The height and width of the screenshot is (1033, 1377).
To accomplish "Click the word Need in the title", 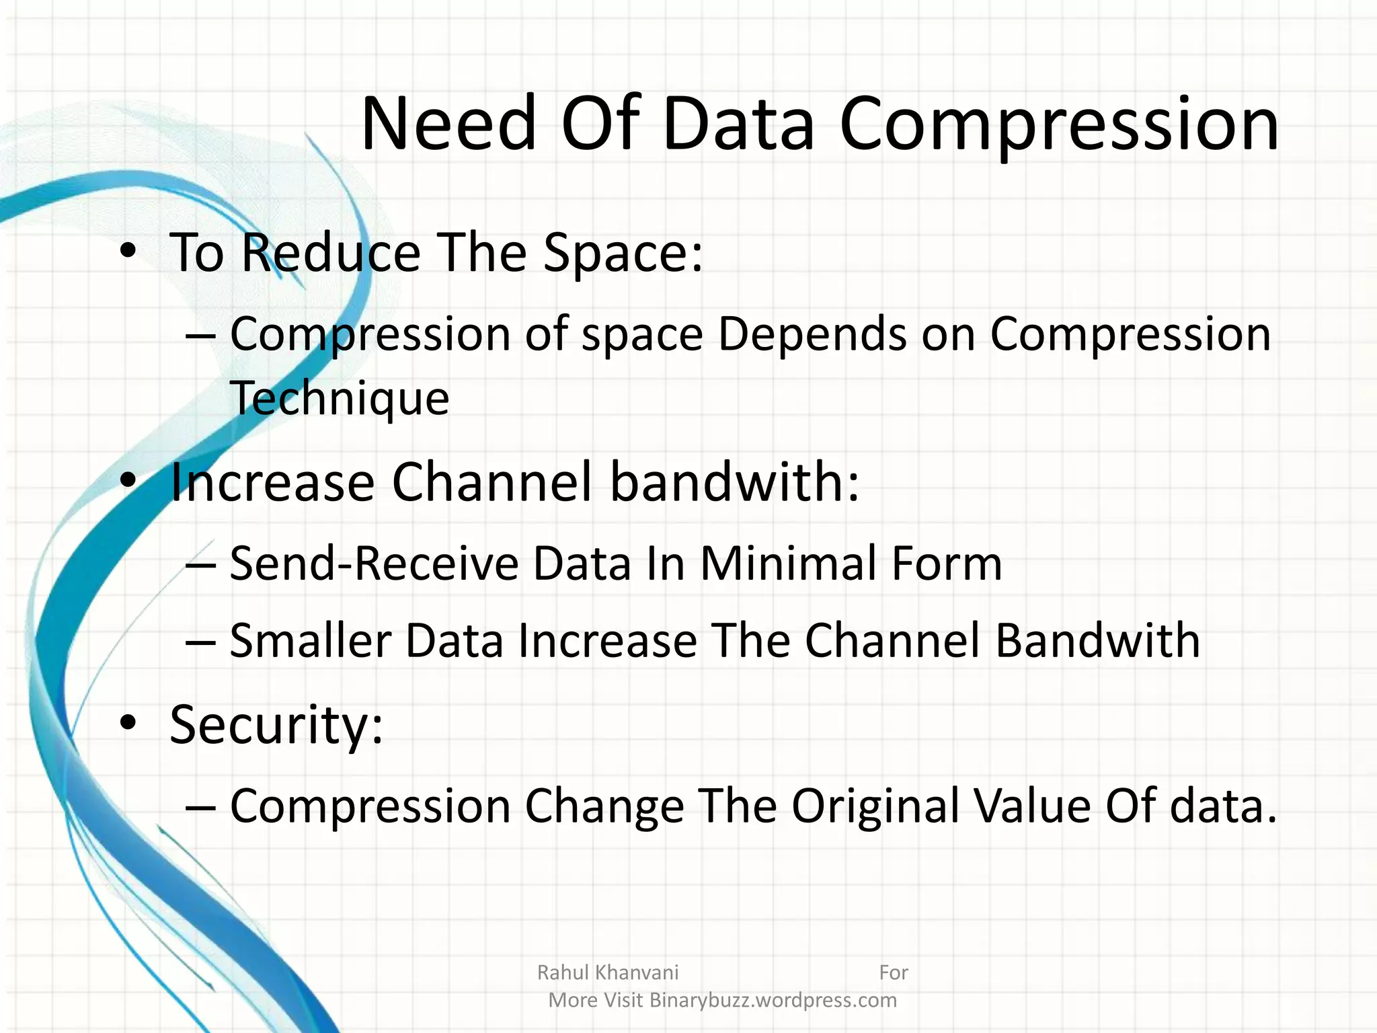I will click(x=449, y=124).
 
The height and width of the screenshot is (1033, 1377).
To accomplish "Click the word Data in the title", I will click(x=738, y=124).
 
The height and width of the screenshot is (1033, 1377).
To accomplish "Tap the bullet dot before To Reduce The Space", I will click(x=128, y=252).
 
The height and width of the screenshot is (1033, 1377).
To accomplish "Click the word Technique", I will click(x=340, y=399).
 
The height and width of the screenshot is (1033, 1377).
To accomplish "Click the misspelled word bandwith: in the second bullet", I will click(x=734, y=482).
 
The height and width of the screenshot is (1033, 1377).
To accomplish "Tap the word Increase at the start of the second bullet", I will click(x=272, y=482).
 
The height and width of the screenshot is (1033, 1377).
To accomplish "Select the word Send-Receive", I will click(x=374, y=564).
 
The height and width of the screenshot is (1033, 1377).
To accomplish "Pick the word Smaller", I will click(x=310, y=641).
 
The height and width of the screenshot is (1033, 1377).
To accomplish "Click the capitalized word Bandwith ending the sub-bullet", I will click(x=1097, y=641).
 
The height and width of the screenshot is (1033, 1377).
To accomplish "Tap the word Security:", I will click(x=276, y=726).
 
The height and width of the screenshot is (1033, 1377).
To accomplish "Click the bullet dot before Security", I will click(x=128, y=724).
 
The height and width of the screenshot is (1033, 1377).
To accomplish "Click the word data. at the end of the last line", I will click(x=1222, y=806).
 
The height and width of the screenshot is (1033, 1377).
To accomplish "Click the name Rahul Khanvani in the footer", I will click(x=608, y=972).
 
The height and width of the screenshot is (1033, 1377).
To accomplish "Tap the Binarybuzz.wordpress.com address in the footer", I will click(x=773, y=1000).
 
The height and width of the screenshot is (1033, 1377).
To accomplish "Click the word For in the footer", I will click(x=893, y=972).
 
